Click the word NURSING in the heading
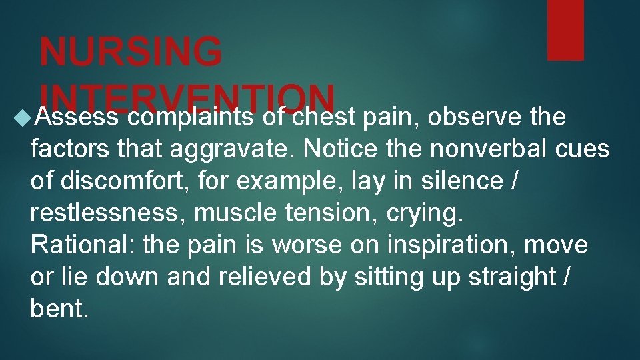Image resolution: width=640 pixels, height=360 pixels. pos(131,51)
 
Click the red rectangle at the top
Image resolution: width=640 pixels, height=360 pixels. pos(565,30)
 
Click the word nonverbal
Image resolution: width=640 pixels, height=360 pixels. pos(497,149)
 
